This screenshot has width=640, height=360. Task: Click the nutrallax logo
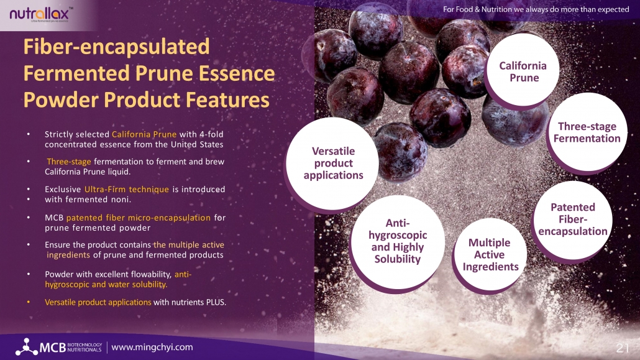click(x=40, y=14)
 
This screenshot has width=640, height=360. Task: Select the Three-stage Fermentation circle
click(x=587, y=132)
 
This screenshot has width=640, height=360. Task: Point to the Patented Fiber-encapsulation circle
click(x=573, y=220)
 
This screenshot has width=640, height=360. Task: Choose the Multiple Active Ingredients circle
click(x=490, y=254)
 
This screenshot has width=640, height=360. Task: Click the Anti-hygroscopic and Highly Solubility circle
click(x=397, y=242)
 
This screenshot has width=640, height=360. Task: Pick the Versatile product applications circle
click(x=332, y=164)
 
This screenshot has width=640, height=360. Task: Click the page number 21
click(x=623, y=348)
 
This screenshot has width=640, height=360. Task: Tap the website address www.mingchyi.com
click(x=152, y=348)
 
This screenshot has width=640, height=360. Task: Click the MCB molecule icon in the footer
click(x=27, y=346)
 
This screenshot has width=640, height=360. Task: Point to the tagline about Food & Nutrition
click(x=536, y=9)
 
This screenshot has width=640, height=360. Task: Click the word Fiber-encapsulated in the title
click(x=116, y=47)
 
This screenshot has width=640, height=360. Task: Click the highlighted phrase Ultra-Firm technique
click(x=127, y=189)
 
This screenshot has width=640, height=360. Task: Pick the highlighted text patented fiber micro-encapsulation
click(x=139, y=218)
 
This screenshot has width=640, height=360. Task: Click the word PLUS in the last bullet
click(x=216, y=302)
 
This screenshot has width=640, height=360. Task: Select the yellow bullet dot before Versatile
click(x=29, y=302)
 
